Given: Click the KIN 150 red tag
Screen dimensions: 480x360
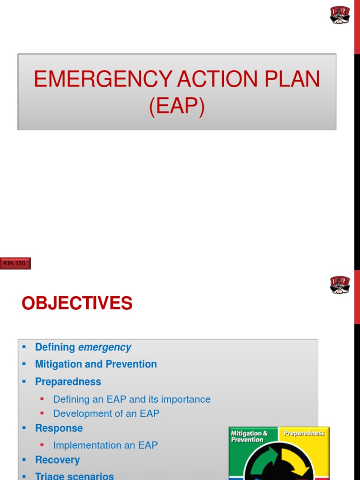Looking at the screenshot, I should (x=16, y=263).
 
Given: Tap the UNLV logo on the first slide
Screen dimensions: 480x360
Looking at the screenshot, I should (x=340, y=15).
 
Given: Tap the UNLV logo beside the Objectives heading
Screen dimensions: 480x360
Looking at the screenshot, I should (x=340, y=285).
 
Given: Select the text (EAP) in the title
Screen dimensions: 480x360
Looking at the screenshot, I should (x=177, y=106).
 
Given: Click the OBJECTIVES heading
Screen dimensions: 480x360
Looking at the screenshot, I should (x=77, y=303).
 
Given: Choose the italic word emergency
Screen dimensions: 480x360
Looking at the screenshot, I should (x=105, y=347).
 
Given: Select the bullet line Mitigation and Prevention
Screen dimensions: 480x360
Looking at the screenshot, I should (x=96, y=364).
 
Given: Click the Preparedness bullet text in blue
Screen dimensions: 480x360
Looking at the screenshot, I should (x=68, y=382).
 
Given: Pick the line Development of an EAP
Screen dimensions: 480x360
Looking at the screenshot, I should (x=106, y=413).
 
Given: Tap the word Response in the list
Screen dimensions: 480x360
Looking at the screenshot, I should (x=59, y=428).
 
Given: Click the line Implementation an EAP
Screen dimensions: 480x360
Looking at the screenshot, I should (x=105, y=445).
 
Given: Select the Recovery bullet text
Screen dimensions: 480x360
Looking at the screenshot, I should (x=57, y=460).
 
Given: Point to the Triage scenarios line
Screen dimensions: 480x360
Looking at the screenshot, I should (x=74, y=476).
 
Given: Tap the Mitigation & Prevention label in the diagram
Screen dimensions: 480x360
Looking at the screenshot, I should (x=249, y=436).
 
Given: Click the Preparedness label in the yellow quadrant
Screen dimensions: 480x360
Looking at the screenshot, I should (x=304, y=433).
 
